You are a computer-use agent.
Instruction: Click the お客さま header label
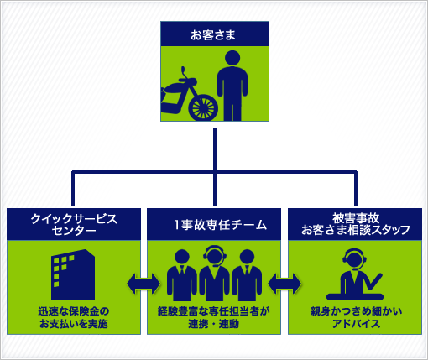213,35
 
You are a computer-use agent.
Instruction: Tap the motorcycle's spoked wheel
203,107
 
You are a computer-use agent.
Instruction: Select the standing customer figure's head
232,59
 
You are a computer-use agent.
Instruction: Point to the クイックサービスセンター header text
74,224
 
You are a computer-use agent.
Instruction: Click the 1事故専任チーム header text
220,225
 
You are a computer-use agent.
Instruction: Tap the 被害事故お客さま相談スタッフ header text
355,224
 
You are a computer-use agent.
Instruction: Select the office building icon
73,274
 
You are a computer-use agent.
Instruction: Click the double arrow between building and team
144,284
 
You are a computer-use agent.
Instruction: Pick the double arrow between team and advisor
284,284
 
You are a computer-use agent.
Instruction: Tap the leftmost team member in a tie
182,275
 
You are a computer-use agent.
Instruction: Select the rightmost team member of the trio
247,275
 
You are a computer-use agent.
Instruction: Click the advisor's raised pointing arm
373,283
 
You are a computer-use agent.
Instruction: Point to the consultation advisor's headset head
354,259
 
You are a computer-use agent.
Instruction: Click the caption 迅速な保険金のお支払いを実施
74,317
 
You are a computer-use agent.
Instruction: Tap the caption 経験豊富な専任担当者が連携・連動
214,317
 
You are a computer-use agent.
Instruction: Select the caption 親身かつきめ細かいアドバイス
356,317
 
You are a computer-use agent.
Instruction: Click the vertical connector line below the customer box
215,167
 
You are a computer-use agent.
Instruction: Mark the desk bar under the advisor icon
355,297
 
